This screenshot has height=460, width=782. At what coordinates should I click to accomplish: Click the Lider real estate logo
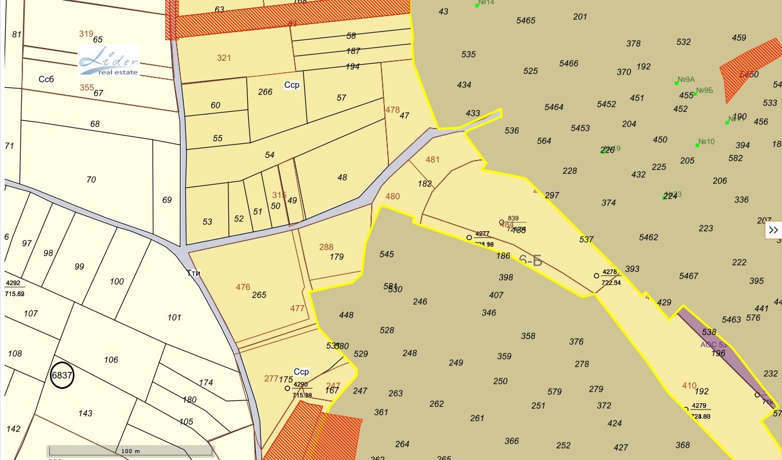pyautogui.click(x=109, y=60)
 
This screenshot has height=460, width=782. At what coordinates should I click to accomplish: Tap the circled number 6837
pyautogui.click(x=62, y=376)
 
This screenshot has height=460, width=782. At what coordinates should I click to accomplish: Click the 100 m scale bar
pyautogui.click(x=130, y=451)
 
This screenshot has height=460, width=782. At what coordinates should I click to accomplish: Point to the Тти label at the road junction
pyautogui.click(x=193, y=273)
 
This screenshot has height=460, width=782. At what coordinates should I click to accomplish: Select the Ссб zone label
pyautogui.click(x=46, y=79)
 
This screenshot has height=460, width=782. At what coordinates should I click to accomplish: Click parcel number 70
pyautogui.click(x=91, y=180)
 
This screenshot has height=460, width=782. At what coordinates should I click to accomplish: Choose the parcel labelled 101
pyautogui.click(x=174, y=317)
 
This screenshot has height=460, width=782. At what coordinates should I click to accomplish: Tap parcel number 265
pyautogui.click(x=259, y=295)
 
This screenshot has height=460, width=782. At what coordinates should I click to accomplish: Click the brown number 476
pyautogui.click(x=243, y=287)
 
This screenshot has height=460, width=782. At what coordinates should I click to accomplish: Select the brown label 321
pyautogui.click(x=224, y=57)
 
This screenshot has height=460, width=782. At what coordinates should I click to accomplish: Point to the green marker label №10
pyautogui.click(x=707, y=142)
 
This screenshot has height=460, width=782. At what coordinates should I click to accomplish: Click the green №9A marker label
pyautogui.click(x=686, y=80)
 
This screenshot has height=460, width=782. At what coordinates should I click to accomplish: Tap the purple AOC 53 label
pyautogui.click(x=713, y=345)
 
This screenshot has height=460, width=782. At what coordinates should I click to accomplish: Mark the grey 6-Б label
pyautogui.click(x=531, y=260)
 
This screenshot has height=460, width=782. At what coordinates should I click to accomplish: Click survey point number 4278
pyautogui.click(x=610, y=272)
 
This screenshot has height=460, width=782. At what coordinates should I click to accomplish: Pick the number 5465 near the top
pyautogui.click(x=526, y=21)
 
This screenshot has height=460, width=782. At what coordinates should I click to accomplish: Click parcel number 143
pyautogui.click(x=85, y=413)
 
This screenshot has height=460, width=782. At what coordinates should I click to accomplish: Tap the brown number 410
pyautogui.click(x=689, y=385)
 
